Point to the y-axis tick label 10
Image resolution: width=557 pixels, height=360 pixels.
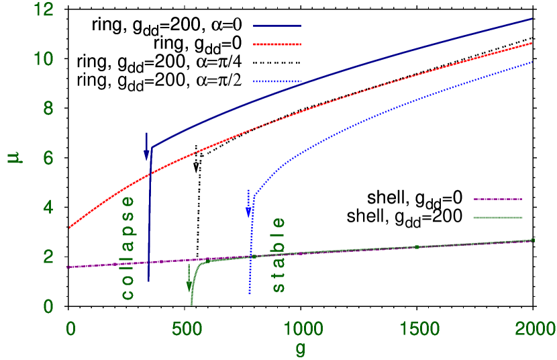point(46,59)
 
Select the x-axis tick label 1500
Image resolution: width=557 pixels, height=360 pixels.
point(418,328)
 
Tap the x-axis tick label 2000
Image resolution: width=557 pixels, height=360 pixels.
point(534,328)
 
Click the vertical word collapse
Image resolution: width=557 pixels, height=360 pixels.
point(127,248)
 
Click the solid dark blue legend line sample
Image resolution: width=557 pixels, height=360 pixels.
point(277,28)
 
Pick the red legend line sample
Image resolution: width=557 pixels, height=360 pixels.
point(277,44)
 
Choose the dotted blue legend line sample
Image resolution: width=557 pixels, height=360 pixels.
point(277,81)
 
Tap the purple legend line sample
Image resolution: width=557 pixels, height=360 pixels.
point(497,199)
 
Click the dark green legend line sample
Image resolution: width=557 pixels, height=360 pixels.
point(497,218)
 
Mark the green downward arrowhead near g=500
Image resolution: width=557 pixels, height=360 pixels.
point(189,286)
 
